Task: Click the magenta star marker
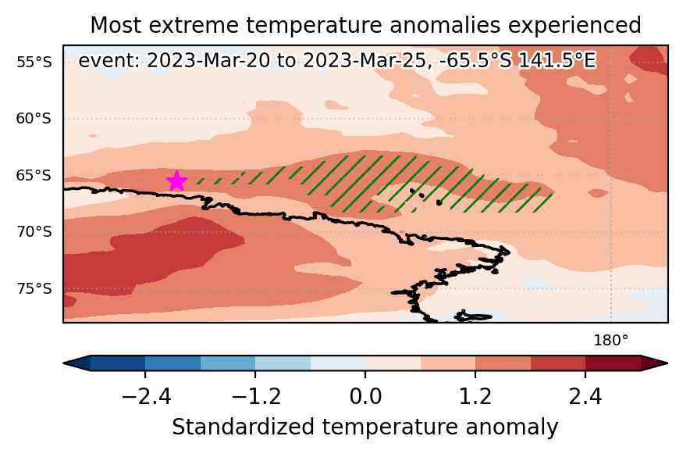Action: (x=176, y=181)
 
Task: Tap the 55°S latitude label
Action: (x=34, y=63)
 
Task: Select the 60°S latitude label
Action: (x=34, y=119)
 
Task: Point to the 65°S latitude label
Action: (x=34, y=175)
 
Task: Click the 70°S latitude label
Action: (x=34, y=231)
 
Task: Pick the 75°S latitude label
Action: (x=34, y=288)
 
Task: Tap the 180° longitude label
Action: (x=610, y=341)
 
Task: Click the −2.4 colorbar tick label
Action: (x=145, y=397)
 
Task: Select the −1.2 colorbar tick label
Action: (x=256, y=397)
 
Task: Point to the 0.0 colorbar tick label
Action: (x=365, y=397)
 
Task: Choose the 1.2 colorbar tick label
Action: (x=475, y=397)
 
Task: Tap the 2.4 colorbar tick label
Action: (x=585, y=397)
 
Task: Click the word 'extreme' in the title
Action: (x=194, y=25)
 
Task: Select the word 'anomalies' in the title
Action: (x=445, y=25)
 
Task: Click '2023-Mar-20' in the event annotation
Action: (x=208, y=61)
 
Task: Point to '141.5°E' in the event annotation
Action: (x=557, y=61)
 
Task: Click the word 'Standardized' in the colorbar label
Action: (x=243, y=427)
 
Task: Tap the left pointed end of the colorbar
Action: (x=64, y=363)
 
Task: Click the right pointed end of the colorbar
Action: (x=667, y=363)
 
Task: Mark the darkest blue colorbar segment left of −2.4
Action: (x=118, y=363)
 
